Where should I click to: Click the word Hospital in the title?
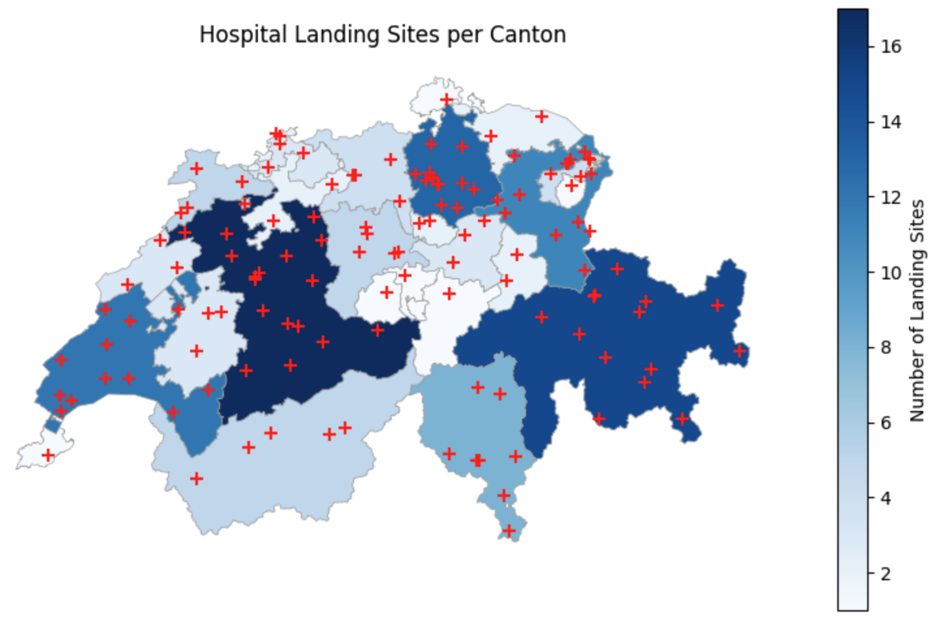pyautogui.click(x=242, y=35)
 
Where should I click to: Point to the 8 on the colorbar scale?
pyautogui.click(x=886, y=348)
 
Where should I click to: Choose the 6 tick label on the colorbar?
pyautogui.click(x=886, y=423)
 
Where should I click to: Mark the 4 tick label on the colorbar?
pyautogui.click(x=886, y=499)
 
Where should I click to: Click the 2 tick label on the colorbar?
pyautogui.click(x=886, y=574)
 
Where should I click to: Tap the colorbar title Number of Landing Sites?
pyautogui.click(x=917, y=311)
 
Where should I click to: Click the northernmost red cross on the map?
pyautogui.click(x=447, y=100)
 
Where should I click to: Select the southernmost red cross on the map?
pyautogui.click(x=509, y=531)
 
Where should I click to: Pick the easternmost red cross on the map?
pyautogui.click(x=740, y=351)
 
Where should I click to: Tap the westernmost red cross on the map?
pyautogui.click(x=48, y=455)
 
